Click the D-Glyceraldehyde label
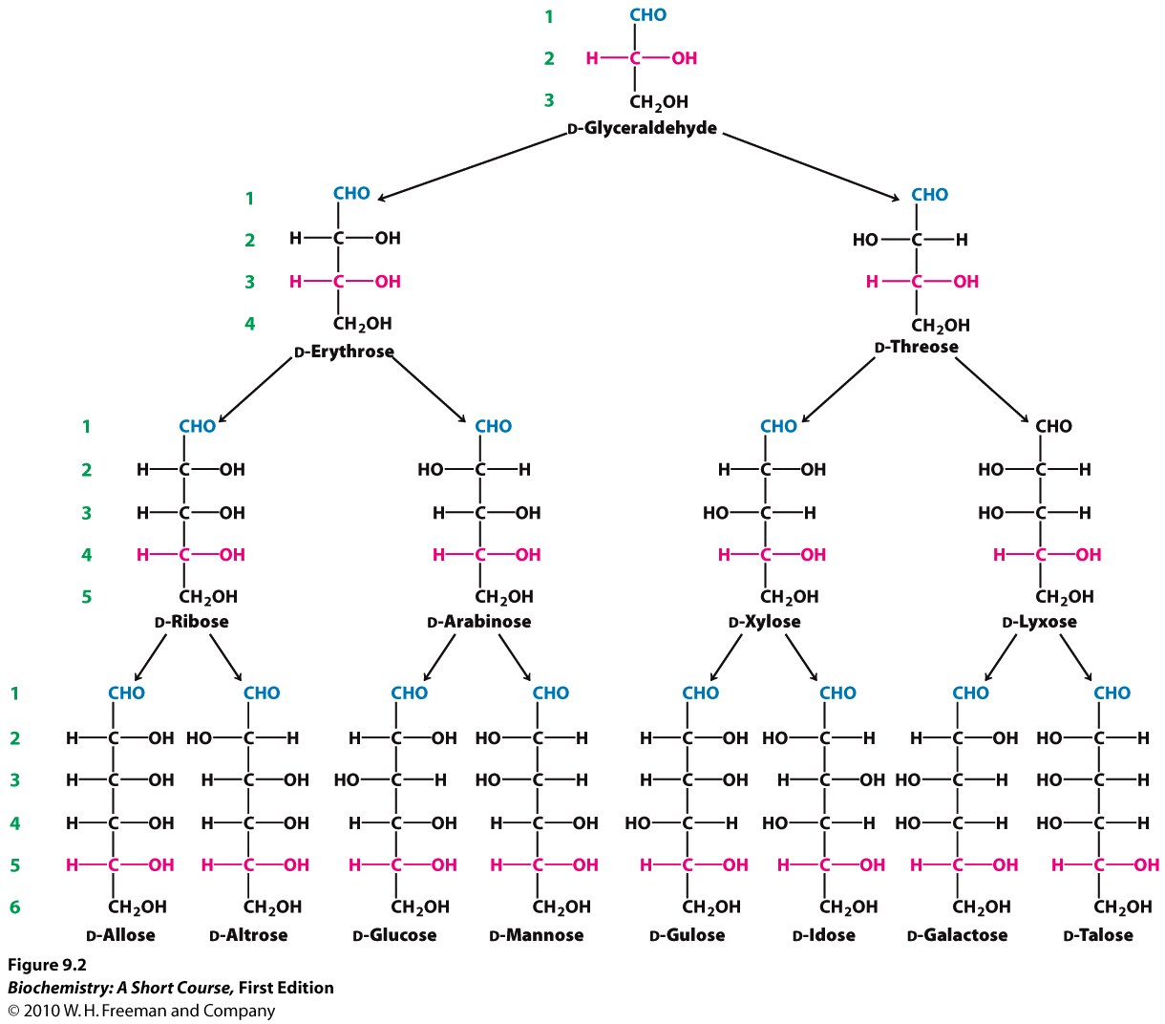642,128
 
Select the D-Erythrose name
344,352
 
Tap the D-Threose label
916,347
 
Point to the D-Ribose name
191,622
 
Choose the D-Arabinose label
479,622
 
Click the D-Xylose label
764,622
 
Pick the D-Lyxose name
1039,622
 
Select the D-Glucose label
394,935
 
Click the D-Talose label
1098,935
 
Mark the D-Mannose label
536,935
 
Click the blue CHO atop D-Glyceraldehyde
647,15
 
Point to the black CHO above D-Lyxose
1053,426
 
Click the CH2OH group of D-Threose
940,325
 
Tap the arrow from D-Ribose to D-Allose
153,656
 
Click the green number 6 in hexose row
14,907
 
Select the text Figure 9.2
47,965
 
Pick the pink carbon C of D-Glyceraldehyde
635,58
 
